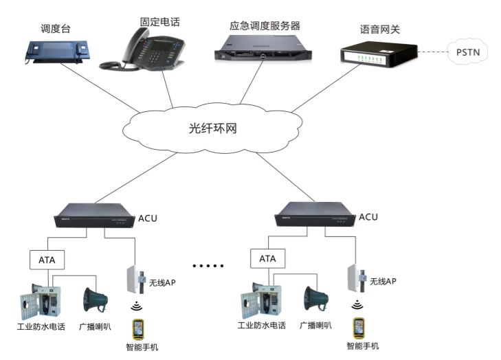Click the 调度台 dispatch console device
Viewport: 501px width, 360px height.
[x=56, y=51]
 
